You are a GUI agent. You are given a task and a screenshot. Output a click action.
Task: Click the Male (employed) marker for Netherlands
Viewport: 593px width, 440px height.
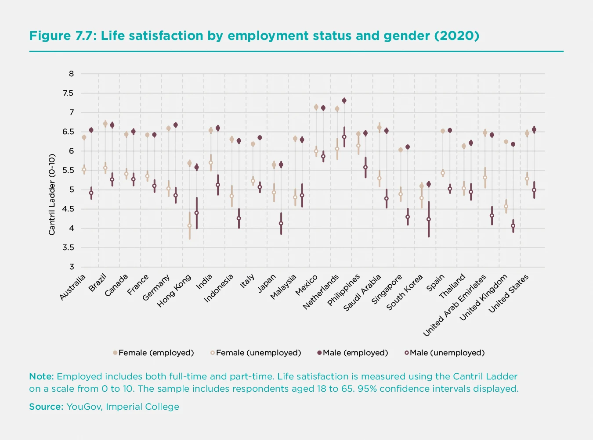pyautogui.click(x=344, y=100)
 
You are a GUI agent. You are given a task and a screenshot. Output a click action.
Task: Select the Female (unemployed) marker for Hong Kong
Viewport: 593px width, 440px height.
pyautogui.click(x=190, y=225)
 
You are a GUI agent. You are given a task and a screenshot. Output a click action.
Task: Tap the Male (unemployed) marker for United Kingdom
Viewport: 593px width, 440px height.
pyautogui.click(x=513, y=226)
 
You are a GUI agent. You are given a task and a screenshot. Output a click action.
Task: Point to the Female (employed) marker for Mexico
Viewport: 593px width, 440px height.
pyautogui.click(x=316, y=107)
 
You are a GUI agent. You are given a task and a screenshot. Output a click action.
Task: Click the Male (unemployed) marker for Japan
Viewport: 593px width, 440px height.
pyautogui.click(x=281, y=223)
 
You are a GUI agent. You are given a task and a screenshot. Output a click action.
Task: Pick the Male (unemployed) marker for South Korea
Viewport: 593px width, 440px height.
pyautogui.click(x=429, y=219)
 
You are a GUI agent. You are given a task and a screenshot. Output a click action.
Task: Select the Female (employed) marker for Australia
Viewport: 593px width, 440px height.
pyautogui.click(x=84, y=137)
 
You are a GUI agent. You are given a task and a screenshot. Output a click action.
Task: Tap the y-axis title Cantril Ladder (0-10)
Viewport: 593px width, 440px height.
pyautogui.click(x=52, y=194)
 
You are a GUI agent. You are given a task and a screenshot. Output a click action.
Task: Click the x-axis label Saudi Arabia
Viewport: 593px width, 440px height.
pyautogui.click(x=363, y=293)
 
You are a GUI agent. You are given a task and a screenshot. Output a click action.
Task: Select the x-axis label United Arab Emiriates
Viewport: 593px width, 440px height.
pyautogui.click(x=455, y=305)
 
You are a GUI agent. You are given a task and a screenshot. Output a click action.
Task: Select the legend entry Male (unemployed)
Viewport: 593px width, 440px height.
pyautogui.click(x=447, y=353)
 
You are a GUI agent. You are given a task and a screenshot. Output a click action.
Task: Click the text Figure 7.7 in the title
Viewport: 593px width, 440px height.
pyautogui.click(x=62, y=36)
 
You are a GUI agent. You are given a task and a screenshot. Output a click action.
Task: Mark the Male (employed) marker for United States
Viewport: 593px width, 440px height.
pyautogui.click(x=534, y=130)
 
